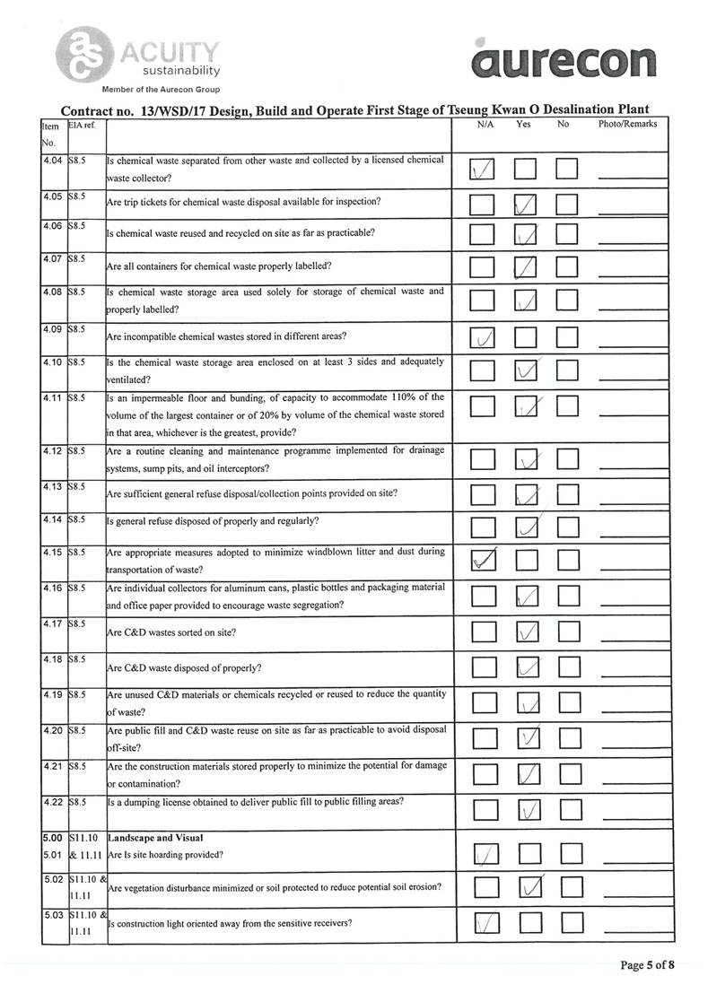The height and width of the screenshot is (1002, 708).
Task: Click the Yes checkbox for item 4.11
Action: click(527, 406)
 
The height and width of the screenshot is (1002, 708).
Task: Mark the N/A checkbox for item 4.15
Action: click(483, 561)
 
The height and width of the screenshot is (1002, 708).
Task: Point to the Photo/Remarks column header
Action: click(627, 124)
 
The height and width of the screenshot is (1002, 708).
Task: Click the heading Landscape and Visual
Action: click(148, 837)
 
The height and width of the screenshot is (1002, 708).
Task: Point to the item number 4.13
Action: click(52, 487)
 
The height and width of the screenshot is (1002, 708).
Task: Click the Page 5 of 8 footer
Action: click(646, 965)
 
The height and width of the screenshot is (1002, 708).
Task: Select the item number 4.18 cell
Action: click(52, 659)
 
